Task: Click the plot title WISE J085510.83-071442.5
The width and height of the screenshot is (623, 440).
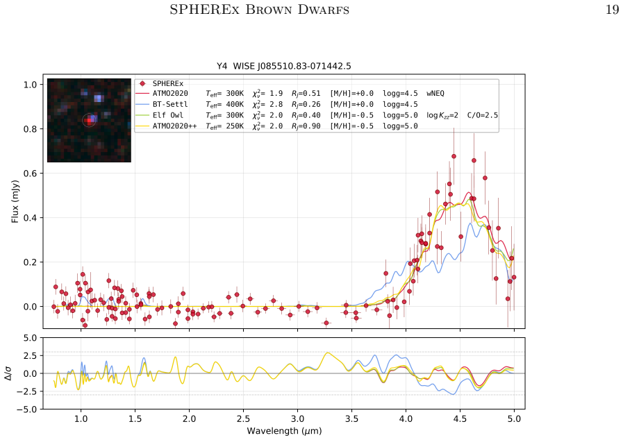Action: click(292, 66)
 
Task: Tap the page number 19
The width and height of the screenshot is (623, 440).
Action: click(612, 10)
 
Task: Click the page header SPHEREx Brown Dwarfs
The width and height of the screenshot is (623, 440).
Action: click(260, 10)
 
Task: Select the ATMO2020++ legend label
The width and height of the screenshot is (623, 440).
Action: click(174, 126)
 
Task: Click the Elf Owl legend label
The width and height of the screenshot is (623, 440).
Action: click(168, 115)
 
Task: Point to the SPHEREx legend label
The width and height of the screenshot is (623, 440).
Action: click(168, 83)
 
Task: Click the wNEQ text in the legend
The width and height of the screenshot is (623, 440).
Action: click(435, 93)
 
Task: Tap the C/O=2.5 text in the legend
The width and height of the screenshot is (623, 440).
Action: click(482, 115)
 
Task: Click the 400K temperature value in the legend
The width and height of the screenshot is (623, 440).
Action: click(235, 104)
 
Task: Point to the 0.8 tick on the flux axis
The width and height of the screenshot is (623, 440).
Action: click(30, 129)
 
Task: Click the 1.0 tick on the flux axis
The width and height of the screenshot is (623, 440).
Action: click(30, 85)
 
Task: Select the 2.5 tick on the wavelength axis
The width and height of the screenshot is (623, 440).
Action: click(243, 418)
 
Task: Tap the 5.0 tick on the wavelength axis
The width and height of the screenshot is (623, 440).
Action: click(514, 418)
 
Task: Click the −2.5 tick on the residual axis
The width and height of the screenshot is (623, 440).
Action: click(27, 391)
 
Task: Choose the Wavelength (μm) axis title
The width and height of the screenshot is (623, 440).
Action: click(284, 431)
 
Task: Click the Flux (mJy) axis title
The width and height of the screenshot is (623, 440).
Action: click(15, 201)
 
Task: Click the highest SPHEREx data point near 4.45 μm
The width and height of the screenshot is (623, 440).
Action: click(454, 156)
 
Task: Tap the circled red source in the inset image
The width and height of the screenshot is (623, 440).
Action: click(88, 120)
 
